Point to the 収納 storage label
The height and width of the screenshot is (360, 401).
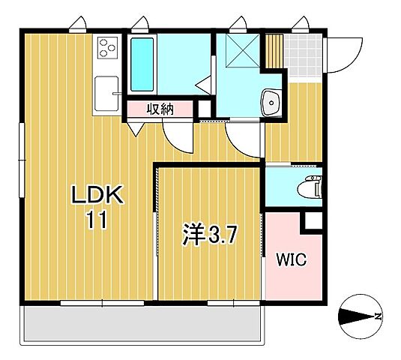[160, 109]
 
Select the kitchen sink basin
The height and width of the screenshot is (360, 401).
[106, 94]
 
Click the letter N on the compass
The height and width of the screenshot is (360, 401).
[379, 316]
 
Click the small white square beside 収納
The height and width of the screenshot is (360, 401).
[203, 109]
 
